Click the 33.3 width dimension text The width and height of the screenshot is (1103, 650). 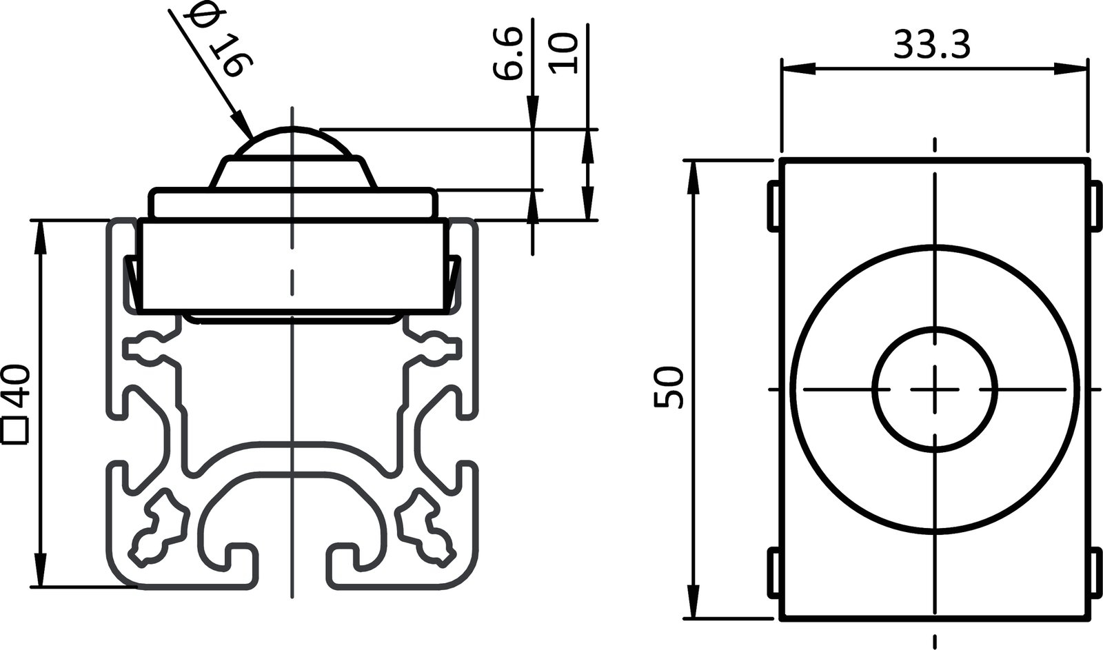[932, 45]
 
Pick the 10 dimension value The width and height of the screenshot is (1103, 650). [563, 54]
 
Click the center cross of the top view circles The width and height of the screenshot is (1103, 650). [935, 389]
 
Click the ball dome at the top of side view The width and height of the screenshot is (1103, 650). [292, 141]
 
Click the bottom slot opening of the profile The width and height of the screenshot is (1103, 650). [293, 565]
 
